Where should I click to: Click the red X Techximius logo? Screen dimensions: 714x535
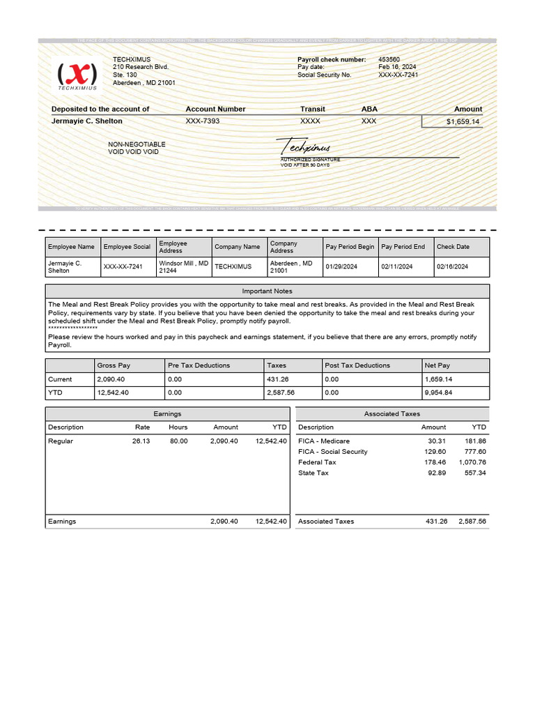point(77,74)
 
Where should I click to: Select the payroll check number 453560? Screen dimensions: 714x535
point(389,60)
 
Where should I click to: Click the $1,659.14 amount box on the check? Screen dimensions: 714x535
point(462,121)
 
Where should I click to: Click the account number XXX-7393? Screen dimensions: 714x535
point(203,121)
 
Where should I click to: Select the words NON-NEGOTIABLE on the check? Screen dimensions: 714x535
point(137,144)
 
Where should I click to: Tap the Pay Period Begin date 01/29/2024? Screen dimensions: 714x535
point(341,266)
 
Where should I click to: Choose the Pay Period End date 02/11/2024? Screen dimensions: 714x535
point(397,266)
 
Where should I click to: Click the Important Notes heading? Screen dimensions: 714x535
point(267,291)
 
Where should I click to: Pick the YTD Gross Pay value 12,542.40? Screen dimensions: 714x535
point(113,393)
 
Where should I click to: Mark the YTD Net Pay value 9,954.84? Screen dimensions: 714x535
point(439,393)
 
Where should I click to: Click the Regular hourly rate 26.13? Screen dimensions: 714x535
point(141,441)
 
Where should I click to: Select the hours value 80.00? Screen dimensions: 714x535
point(178,441)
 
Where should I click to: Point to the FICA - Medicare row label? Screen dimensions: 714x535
point(324,441)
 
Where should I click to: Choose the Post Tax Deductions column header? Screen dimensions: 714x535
point(357,365)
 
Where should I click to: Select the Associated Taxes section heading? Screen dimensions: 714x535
point(391,413)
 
